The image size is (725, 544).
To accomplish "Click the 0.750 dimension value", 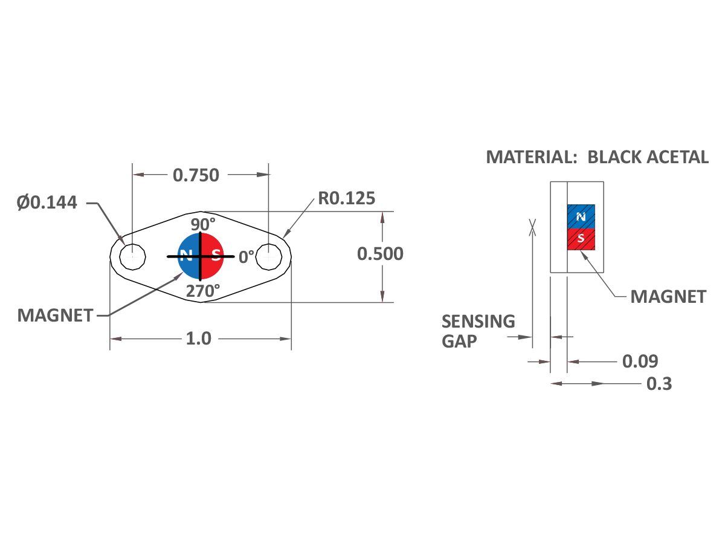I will point(196,175).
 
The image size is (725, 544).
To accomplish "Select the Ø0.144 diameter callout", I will point(47,202).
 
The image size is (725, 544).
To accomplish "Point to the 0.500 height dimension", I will point(380,254).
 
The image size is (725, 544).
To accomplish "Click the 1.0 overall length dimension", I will point(198,338).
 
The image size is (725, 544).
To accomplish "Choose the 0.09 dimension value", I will point(640,361).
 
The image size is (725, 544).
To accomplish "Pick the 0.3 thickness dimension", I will point(659,384).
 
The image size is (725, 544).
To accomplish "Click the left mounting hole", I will point(133,257).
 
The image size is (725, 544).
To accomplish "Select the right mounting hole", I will point(269,257).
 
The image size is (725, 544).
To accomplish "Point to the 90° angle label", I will point(203,224).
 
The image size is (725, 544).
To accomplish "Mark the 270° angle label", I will point(202,291).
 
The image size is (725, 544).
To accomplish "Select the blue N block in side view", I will point(581,216).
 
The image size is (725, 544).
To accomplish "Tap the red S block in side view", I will point(581,239).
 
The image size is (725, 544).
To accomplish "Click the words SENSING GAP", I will point(477,331).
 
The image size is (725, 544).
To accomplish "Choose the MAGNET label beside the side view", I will point(668,297).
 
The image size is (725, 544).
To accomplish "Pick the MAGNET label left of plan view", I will point(55,315).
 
